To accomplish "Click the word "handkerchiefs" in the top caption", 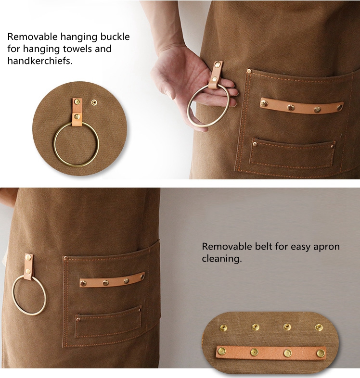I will [x=39, y=61].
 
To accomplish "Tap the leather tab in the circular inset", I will [x=77, y=112].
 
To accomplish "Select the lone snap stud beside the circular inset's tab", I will [x=94, y=102].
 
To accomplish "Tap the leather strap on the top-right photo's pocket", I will [x=301, y=106].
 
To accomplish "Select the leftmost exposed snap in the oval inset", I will [x=223, y=328].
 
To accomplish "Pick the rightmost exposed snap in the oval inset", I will [x=319, y=328].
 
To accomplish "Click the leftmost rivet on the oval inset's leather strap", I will [x=222, y=352].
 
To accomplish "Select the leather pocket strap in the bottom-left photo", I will [x=112, y=280].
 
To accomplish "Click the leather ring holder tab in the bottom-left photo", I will [x=29, y=267].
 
